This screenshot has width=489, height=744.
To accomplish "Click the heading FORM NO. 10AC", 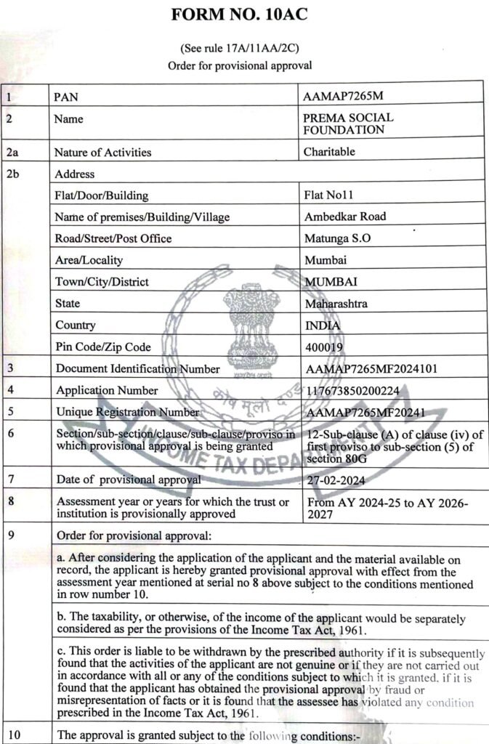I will click(x=240, y=15).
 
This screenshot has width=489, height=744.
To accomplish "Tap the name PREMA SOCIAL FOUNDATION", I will click(x=347, y=124).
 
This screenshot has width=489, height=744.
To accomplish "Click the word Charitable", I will click(x=329, y=152).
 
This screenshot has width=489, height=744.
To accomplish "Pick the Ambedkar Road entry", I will click(x=345, y=217).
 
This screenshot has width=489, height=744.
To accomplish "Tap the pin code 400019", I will click(x=325, y=347).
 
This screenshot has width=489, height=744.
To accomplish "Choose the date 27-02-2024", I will click(x=336, y=480).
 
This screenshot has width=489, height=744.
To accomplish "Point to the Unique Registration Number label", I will click(x=128, y=412).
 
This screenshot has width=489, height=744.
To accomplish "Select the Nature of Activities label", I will click(x=102, y=152).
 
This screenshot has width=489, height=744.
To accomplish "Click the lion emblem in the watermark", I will click(x=251, y=320).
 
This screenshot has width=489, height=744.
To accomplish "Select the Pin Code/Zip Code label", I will click(x=102, y=347).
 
